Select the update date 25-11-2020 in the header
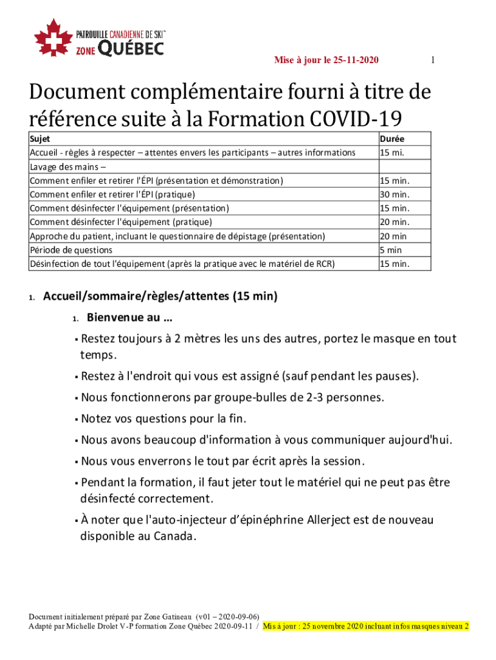pos(356,61)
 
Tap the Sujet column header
pos(40,139)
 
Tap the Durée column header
pos(392,139)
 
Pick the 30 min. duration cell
pos(394,194)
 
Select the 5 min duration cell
pos(390,249)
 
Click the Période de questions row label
pos(71,249)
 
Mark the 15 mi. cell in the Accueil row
pos(392,152)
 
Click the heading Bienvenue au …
pos(129,318)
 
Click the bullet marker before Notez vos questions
pos(76,419)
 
